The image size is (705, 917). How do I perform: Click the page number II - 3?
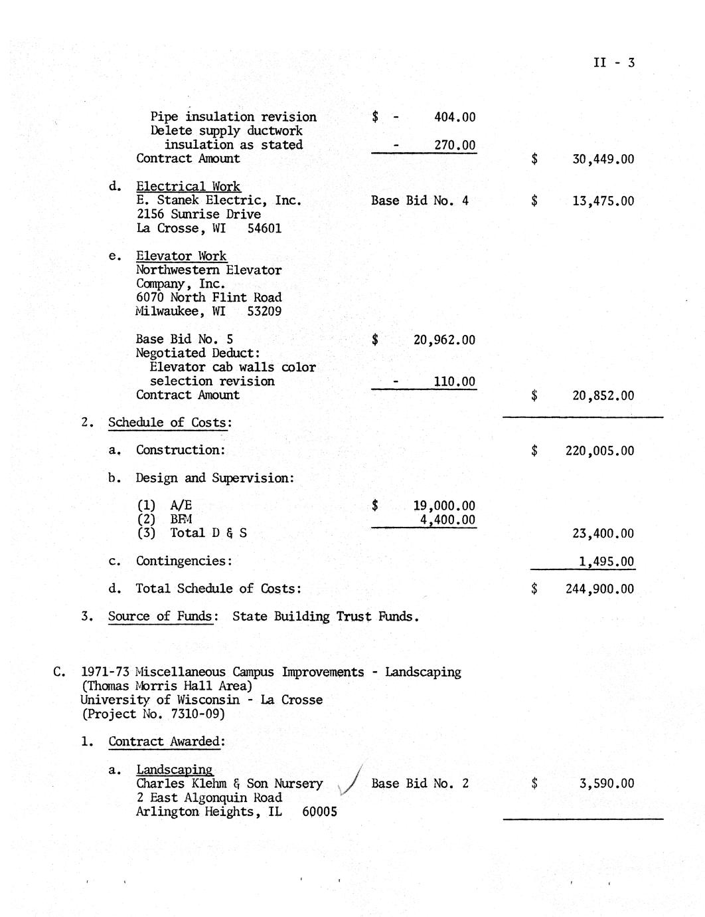coord(614,62)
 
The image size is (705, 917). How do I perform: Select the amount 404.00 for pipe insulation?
coord(454,117)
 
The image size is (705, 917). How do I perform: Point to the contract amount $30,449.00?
coord(602,159)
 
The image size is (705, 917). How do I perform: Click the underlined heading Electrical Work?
coord(189,187)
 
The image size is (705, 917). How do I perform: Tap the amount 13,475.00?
coord(603,201)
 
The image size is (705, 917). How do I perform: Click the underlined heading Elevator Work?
coord(181,256)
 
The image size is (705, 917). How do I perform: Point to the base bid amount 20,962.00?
coord(444,340)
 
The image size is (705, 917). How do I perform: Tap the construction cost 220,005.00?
coord(599,451)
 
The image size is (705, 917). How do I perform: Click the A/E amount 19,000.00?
coord(444,506)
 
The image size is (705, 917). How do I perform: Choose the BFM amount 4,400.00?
coord(447,519)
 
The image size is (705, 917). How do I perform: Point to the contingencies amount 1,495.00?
coord(606,561)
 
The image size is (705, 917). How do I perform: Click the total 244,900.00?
coord(599,589)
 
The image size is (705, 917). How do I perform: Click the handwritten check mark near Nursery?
coord(351,780)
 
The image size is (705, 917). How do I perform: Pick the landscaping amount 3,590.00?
coord(606,783)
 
